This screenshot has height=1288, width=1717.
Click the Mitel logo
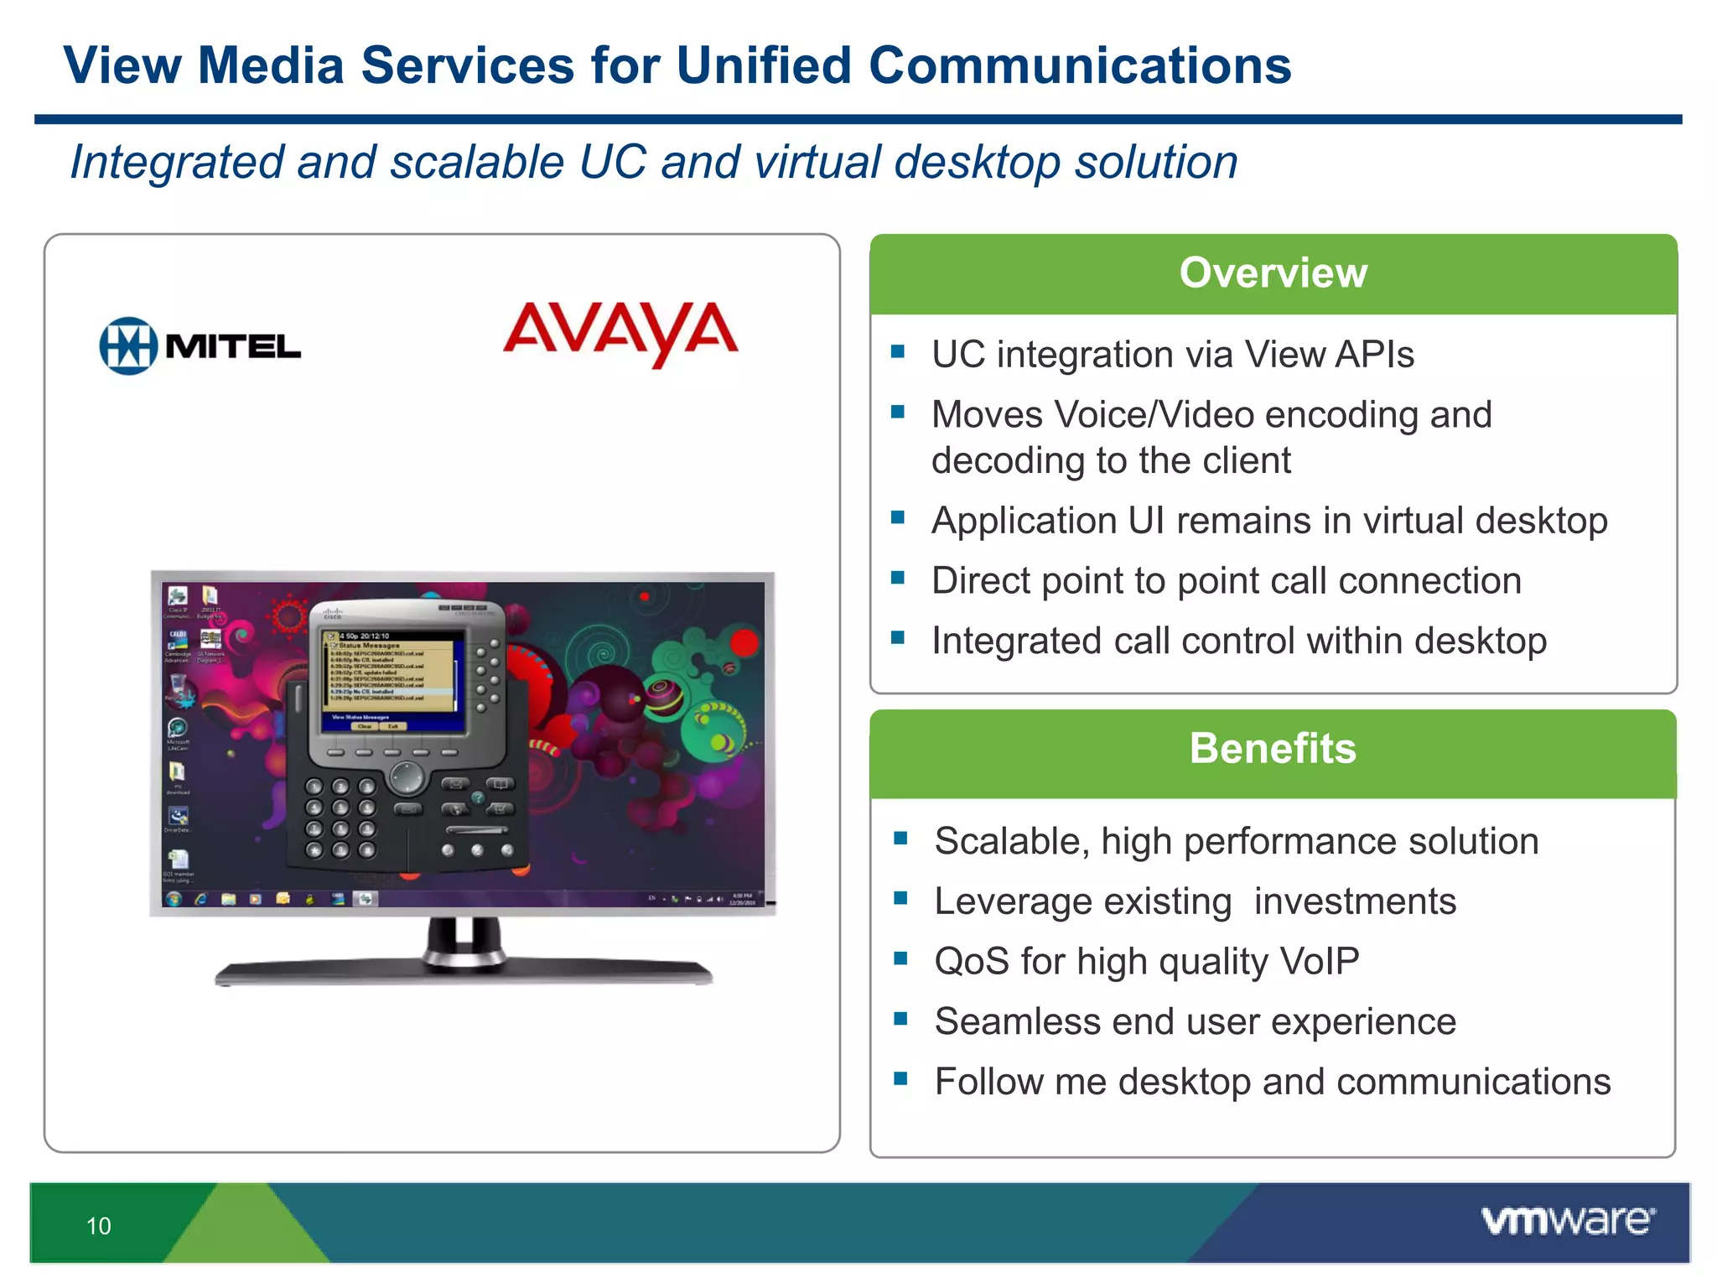click(200, 345)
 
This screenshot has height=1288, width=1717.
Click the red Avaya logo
click(620, 332)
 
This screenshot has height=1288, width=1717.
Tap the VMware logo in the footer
click(1568, 1221)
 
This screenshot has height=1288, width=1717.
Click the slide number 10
click(98, 1226)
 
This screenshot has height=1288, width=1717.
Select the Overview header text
click(1273, 273)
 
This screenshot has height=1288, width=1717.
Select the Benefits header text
click(1273, 748)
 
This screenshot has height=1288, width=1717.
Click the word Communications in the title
click(1080, 65)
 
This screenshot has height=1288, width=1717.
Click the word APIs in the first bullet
click(1373, 354)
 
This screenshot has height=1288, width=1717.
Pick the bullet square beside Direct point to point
click(898, 578)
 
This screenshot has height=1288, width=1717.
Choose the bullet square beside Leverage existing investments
click(901, 898)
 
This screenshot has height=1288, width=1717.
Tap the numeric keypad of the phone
click(340, 818)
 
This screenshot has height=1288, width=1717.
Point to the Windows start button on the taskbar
click(174, 899)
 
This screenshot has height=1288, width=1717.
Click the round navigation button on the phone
click(407, 776)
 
